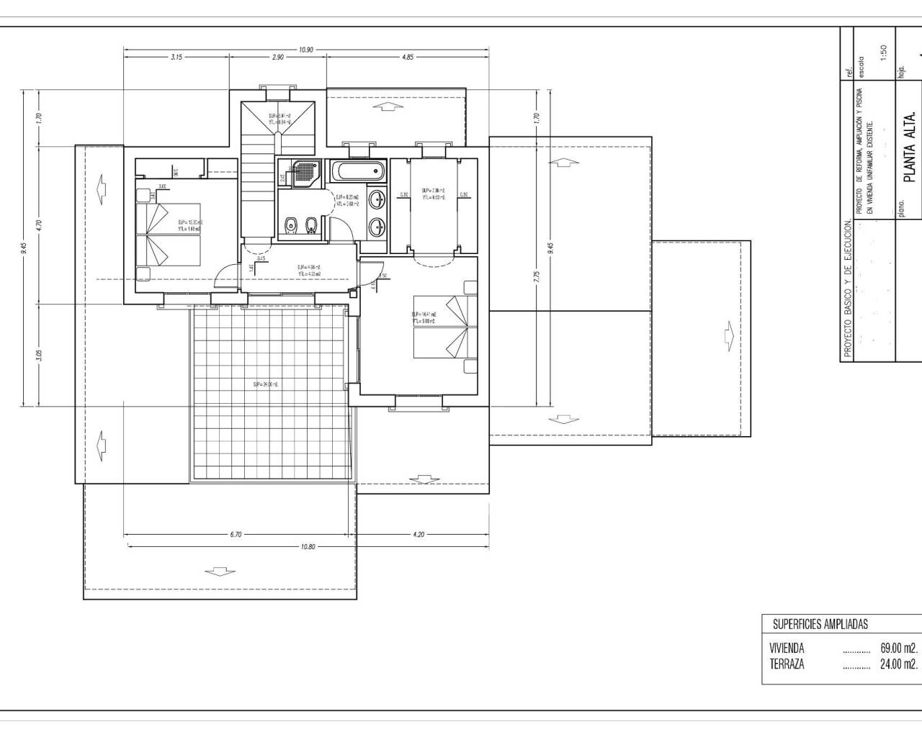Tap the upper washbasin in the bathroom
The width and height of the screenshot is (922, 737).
point(376,199)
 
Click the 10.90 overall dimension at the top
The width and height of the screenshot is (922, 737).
point(306,50)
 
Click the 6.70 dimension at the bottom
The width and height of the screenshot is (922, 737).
point(236,534)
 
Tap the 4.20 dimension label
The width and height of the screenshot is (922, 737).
point(419,534)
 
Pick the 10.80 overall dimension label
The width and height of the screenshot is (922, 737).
point(308,547)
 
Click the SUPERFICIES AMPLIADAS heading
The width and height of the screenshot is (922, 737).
point(820,624)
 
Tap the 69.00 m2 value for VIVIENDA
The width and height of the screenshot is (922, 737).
point(898,648)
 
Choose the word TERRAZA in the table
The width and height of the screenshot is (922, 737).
point(787,664)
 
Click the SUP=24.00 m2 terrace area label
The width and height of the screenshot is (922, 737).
point(266,385)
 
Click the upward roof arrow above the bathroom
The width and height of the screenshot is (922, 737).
point(388,107)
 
